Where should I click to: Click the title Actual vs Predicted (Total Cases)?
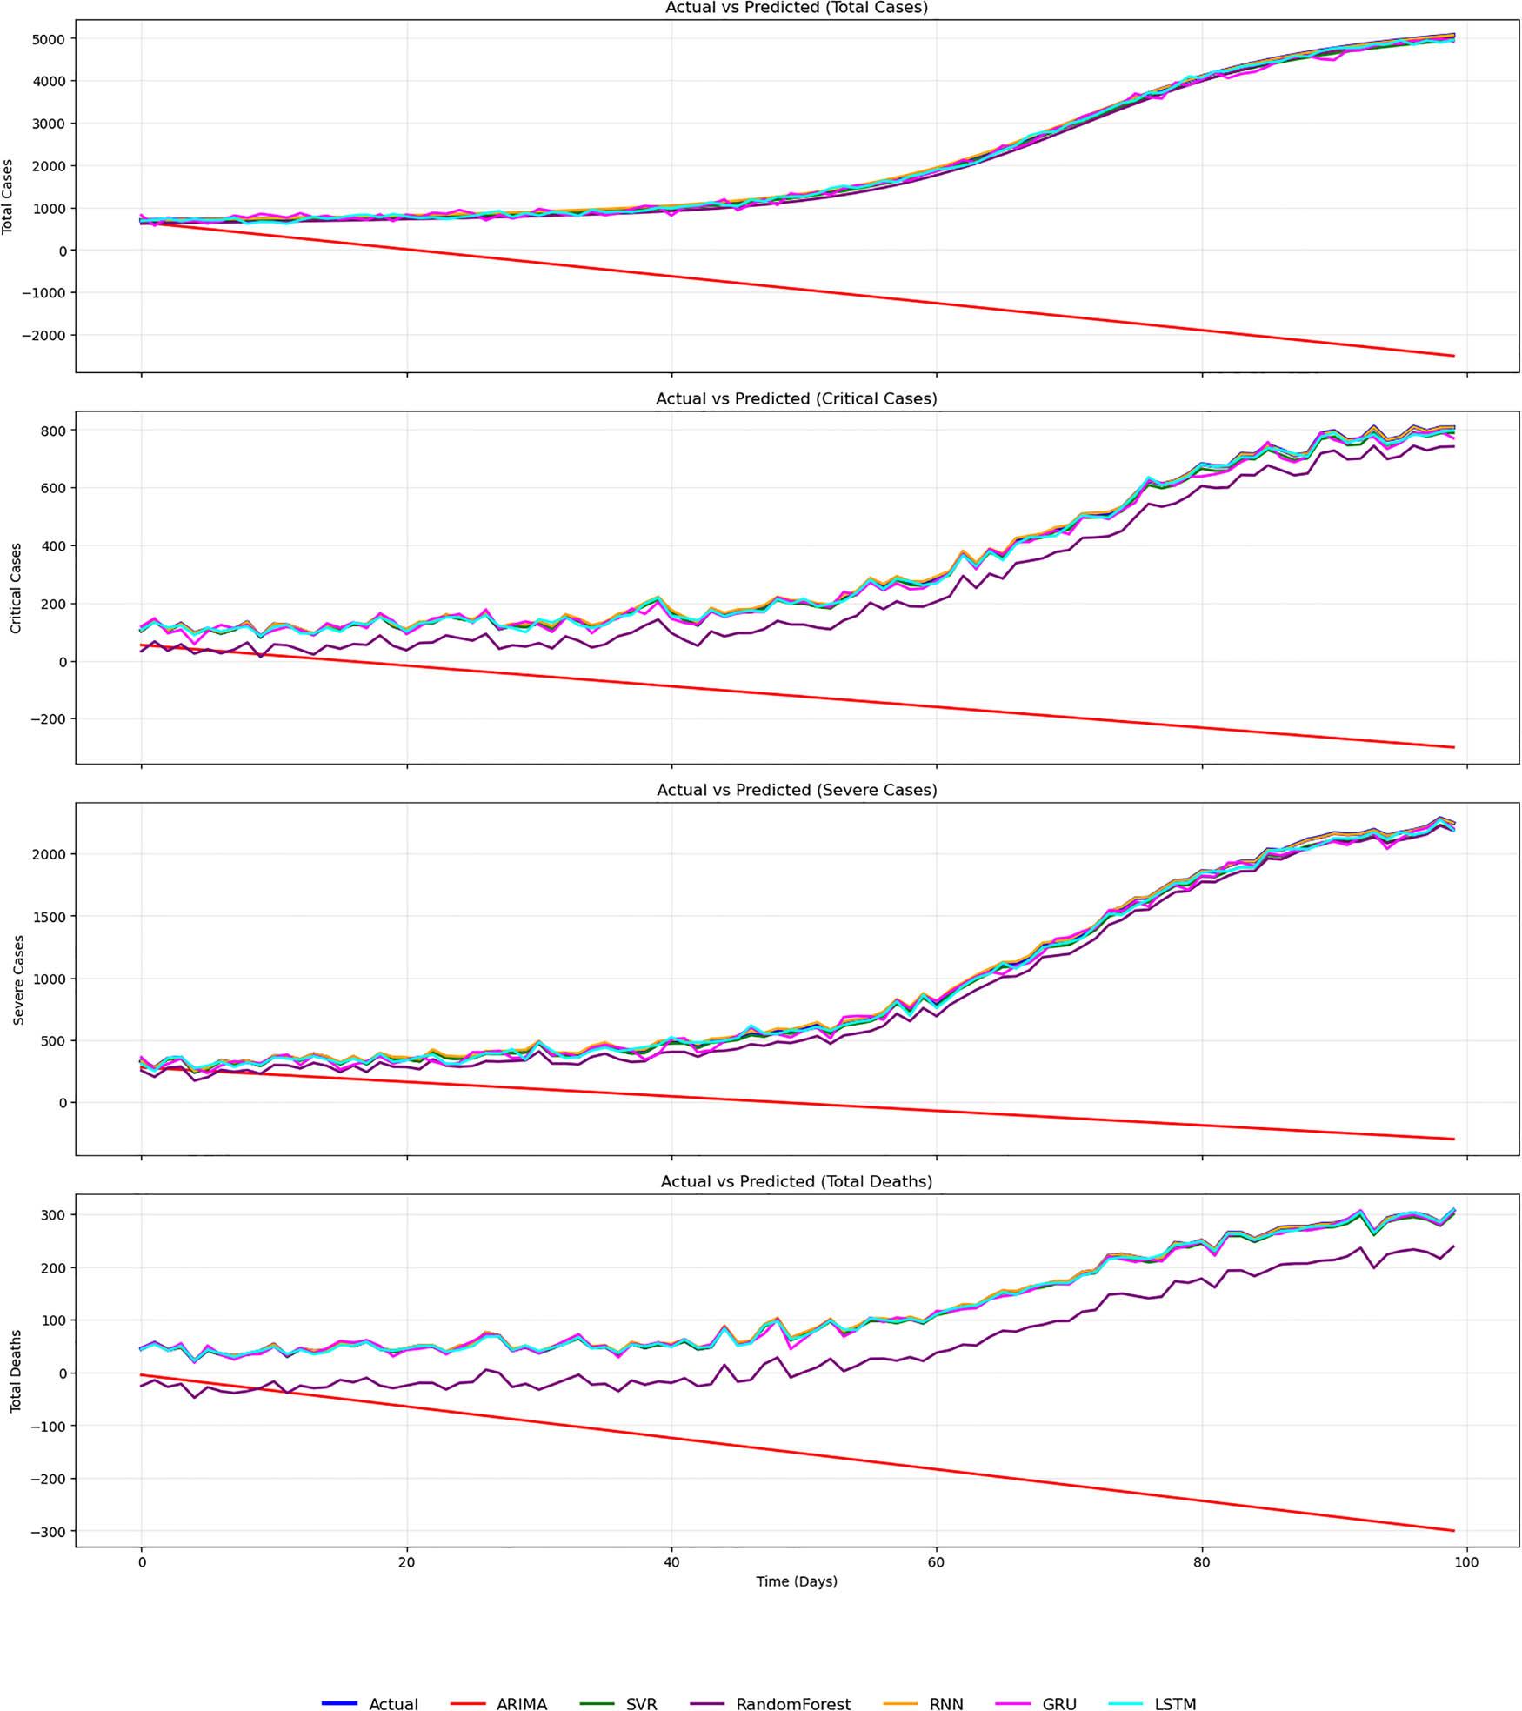coord(797,8)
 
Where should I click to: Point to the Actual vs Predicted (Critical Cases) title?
coord(797,399)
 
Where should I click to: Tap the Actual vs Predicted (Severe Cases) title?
coord(797,791)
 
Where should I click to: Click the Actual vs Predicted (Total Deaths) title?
coord(797,1182)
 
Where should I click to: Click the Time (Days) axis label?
coord(797,1581)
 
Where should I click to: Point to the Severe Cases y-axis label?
coord(18,979)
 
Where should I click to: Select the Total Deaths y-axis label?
coord(16,1371)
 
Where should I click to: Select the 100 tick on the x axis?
coord(1466,1562)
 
